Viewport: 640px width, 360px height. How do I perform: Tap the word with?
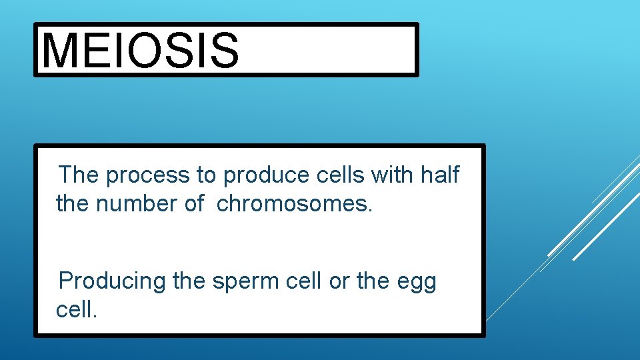(x=393, y=175)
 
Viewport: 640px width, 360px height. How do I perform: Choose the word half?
(x=440, y=175)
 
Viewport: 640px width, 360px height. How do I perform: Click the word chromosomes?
(x=294, y=203)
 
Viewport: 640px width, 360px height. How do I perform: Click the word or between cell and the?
(x=339, y=281)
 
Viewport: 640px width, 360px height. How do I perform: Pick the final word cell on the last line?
(x=77, y=309)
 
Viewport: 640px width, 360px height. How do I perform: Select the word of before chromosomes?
(x=194, y=203)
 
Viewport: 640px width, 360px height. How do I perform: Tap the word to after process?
(x=206, y=175)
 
